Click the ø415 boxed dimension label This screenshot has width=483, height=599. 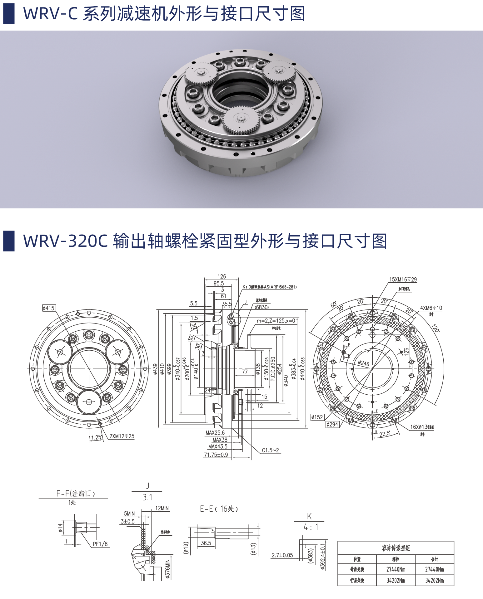tap(48, 308)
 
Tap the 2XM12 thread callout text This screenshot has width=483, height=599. tap(122, 436)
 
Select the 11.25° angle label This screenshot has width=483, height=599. tap(95, 437)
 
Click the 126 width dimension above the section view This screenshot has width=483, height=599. tap(222, 276)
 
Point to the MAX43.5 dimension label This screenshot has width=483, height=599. tap(218, 446)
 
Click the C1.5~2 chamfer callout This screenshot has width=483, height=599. tap(270, 450)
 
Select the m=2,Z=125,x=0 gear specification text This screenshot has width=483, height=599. tap(276, 320)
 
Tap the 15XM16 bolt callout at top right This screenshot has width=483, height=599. tap(403, 280)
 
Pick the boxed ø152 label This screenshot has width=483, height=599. tap(317, 417)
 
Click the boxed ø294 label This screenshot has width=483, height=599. tap(332, 424)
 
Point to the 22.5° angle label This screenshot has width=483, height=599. tap(385, 434)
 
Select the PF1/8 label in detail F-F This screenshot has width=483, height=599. tap(100, 544)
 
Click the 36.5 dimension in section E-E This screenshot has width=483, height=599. tap(206, 543)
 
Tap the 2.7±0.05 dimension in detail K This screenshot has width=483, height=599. tap(282, 555)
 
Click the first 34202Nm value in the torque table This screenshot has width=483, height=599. tap(396, 580)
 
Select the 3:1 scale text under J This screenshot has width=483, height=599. tap(147, 497)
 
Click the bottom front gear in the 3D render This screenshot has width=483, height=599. tap(240, 120)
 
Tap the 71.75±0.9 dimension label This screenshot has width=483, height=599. tap(216, 455)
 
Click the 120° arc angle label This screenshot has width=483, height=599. tap(435, 328)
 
